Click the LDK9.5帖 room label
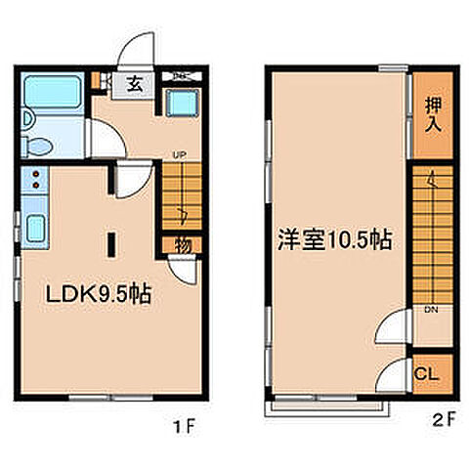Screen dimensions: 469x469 click(96, 294)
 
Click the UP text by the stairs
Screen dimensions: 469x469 click(180, 154)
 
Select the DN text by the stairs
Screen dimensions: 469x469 click(430, 312)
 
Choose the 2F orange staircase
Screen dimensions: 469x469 click(432, 234)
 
